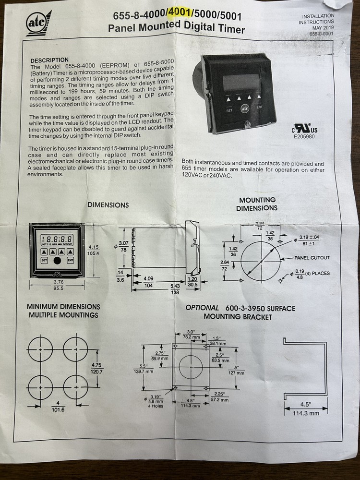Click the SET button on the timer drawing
44,260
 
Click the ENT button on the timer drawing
70,260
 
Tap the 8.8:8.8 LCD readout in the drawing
57,238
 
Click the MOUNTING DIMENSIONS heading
257,204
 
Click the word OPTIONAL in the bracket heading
202,308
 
